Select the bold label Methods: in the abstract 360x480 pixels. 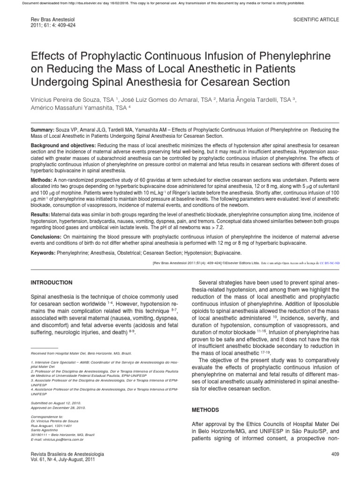[42, 180]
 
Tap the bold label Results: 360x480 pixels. [41, 214]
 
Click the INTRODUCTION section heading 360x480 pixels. [52, 283]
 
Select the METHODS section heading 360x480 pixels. [206, 410]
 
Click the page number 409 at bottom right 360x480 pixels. [334, 455]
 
